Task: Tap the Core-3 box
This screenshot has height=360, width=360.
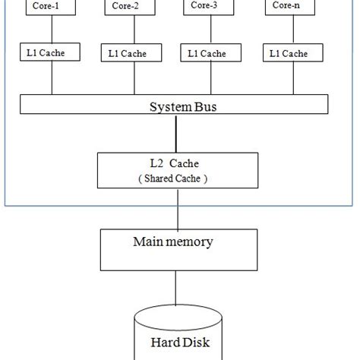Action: [204, 7]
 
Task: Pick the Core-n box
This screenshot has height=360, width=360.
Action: [287, 7]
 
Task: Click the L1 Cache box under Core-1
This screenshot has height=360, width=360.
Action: [44, 53]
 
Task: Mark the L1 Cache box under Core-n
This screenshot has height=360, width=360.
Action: [286, 53]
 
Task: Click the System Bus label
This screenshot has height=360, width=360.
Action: [178, 106]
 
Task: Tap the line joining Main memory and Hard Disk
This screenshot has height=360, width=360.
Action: [177, 289]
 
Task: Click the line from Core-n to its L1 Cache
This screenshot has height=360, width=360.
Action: [288, 30]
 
